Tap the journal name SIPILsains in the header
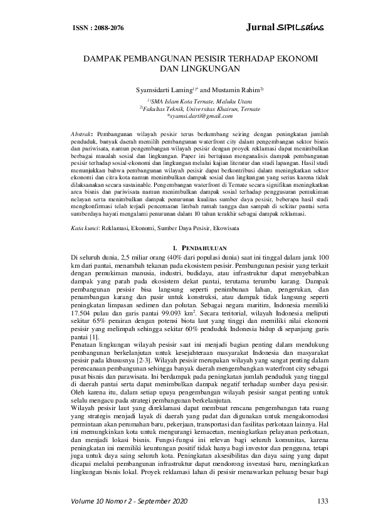point(285,28)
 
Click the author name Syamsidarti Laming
point(160,91)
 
